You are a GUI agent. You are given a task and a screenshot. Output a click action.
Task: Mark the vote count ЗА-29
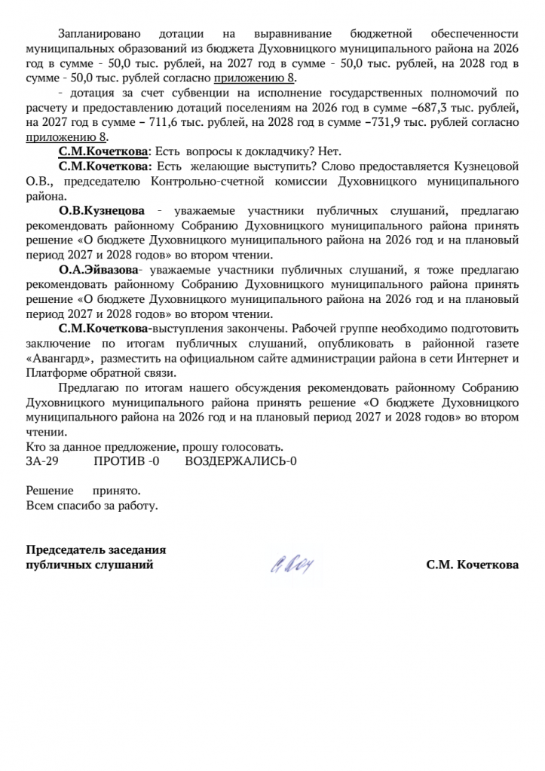point(42,460)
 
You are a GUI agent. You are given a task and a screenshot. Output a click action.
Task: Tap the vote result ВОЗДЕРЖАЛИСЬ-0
point(240,460)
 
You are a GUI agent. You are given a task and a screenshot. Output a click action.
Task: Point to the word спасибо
point(78,505)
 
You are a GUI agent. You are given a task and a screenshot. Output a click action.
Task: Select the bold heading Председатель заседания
point(96,549)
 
